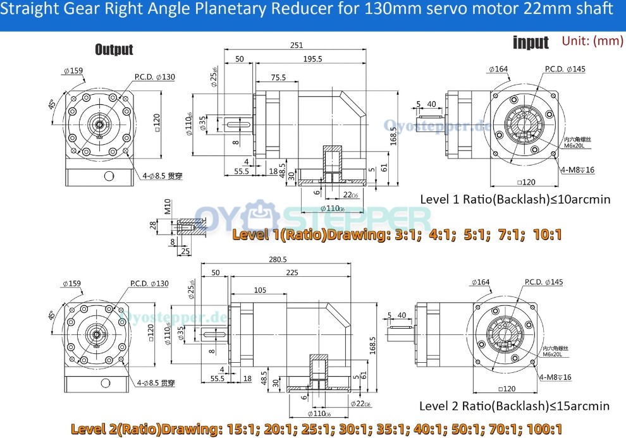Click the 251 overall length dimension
point(297,45)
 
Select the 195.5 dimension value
point(312,59)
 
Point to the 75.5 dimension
point(278,78)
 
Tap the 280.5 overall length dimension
point(277,260)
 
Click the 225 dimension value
point(292,272)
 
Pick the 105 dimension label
point(259,290)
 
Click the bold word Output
point(114,49)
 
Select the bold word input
point(531,42)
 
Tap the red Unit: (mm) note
point(592,41)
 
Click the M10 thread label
point(168,207)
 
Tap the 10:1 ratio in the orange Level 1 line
point(547,234)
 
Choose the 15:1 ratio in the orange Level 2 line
point(236,429)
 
